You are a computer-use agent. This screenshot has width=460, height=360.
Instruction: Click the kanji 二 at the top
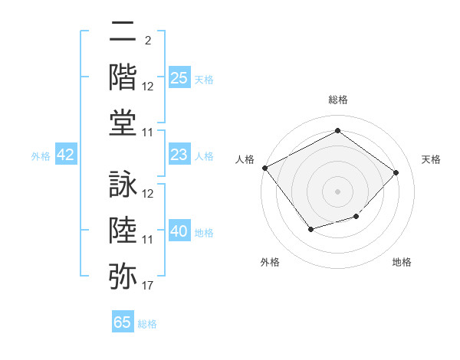pos(123,33)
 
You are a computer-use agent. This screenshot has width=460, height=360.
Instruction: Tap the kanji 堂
pos(123,123)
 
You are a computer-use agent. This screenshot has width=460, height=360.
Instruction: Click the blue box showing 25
pos(179,77)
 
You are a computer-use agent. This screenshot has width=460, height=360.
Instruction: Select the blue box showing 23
pos(179,155)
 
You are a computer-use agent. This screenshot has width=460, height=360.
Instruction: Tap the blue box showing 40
pos(179,231)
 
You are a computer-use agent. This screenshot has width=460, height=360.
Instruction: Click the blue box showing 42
pos(66,155)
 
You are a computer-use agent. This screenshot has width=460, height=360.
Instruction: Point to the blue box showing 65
pos(123,322)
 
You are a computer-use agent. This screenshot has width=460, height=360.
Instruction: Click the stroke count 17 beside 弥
pos(148,286)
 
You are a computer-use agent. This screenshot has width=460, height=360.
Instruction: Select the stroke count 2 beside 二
pos(147,39)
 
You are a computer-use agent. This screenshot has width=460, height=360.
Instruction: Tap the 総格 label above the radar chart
pos(337,100)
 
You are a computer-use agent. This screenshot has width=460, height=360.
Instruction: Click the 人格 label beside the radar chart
pos(245,159)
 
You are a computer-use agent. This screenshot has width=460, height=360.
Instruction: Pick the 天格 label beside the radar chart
pos(431,159)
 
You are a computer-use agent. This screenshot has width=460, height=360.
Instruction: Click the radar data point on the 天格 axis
pos(396,172)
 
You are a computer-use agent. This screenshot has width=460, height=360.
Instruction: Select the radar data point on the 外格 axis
pos(310,229)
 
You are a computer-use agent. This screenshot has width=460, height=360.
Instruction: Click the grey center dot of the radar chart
pos(337,191)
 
